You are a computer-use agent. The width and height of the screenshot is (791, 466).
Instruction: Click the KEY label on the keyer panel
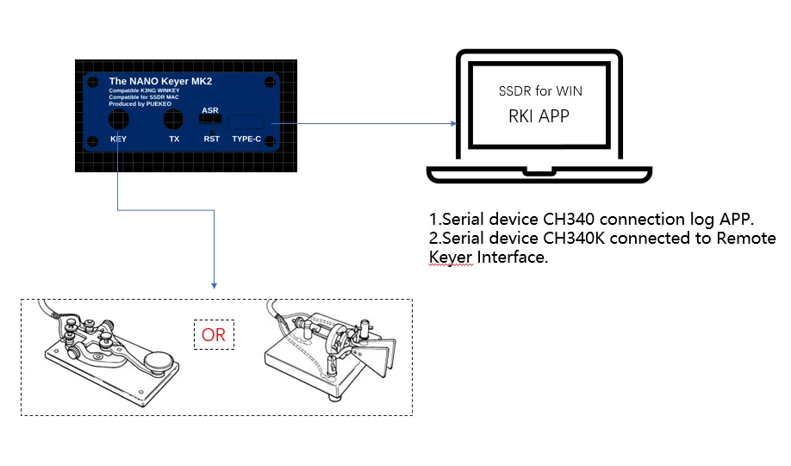(x=118, y=139)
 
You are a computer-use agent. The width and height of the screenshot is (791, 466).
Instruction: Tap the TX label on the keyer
(x=174, y=139)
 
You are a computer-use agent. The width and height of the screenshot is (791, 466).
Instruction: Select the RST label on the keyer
(x=211, y=139)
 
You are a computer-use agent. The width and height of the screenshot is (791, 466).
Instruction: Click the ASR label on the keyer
(x=209, y=110)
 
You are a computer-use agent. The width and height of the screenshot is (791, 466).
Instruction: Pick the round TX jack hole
(x=174, y=121)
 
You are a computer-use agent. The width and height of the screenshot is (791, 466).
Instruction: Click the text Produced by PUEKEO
(x=141, y=103)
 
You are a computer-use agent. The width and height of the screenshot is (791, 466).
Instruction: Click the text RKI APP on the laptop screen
(x=535, y=115)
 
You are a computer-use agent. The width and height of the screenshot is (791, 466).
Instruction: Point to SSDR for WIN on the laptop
(x=535, y=90)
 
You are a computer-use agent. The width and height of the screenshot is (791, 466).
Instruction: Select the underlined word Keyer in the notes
(x=451, y=258)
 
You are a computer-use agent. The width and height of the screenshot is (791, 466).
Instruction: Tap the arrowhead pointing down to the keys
(x=214, y=285)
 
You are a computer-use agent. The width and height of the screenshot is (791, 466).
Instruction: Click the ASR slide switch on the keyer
(x=209, y=121)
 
